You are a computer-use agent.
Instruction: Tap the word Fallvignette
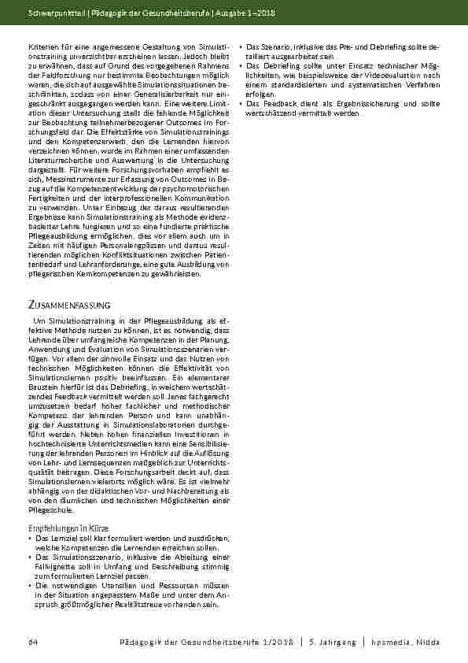tap(58, 565)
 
